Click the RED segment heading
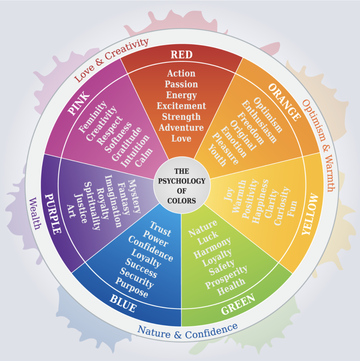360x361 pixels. click(181, 55)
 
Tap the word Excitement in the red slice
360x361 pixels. click(181, 106)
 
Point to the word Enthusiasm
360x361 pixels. click(259, 121)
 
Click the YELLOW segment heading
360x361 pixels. click(310, 214)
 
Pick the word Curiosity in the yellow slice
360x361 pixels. click(282, 206)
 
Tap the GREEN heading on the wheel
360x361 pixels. click(238, 304)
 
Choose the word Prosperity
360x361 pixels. click(226, 277)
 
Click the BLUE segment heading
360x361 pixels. click(123, 303)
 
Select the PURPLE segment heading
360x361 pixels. click(53, 213)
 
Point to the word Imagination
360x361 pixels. click(113, 201)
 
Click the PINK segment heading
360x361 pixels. click(79, 103)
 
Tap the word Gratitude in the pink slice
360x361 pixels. click(127, 144)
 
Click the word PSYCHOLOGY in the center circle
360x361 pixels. click(182, 181)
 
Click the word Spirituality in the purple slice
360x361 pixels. click(92, 206)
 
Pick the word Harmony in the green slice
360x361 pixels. click(212, 247)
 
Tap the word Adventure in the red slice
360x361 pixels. click(181, 128)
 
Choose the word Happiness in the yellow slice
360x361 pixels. click(260, 201)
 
